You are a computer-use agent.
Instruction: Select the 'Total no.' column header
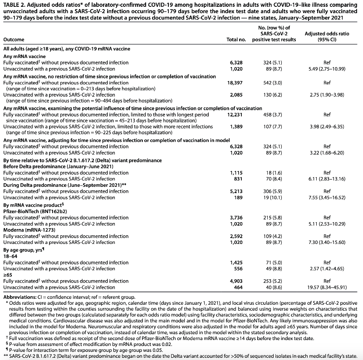pyautogui.click(x=236, y=40)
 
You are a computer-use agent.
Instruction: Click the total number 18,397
pyautogui.click(x=236, y=83)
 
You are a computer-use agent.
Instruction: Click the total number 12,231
pyautogui.click(x=236, y=115)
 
